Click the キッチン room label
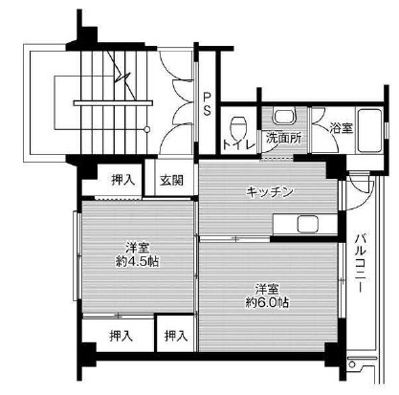coord(269,191)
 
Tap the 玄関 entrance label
coord(171,179)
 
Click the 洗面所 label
coord(283,137)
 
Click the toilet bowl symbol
coord(239,123)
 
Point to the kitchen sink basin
coord(309,225)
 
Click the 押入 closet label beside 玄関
coord(121,179)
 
